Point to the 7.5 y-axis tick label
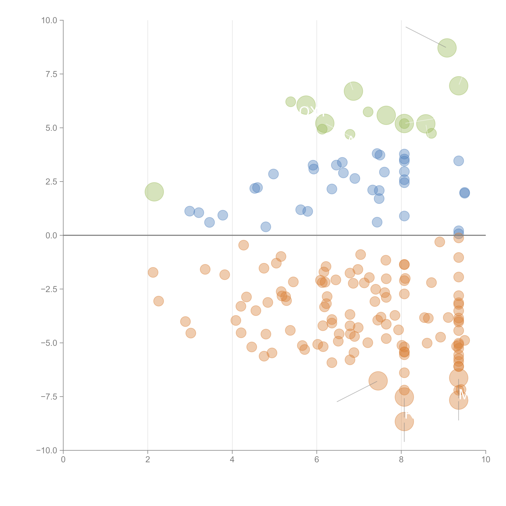pos(51,74)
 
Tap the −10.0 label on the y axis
pos(47,450)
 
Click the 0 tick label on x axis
pos(63,460)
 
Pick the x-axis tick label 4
pos(232,460)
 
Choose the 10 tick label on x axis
pos(486,460)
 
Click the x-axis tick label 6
pos(317,460)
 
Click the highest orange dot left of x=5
pos(244,245)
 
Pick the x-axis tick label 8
pos(401,460)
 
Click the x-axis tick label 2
pos(148,460)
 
